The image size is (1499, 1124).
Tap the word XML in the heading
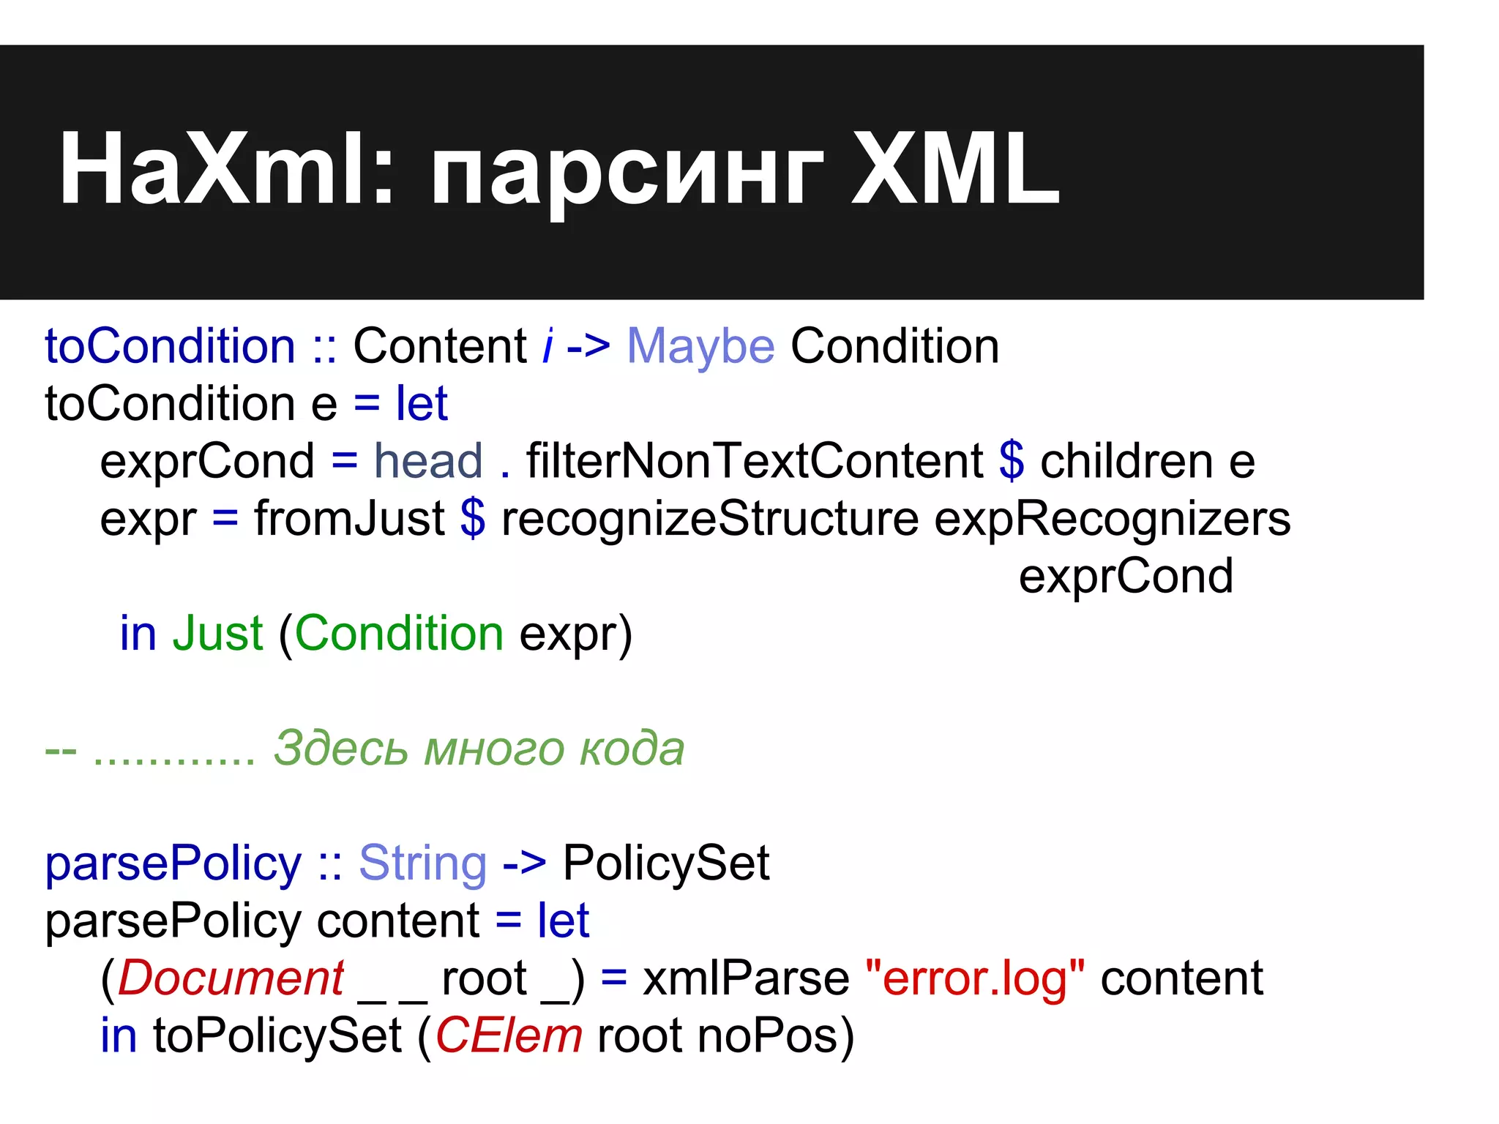point(955,170)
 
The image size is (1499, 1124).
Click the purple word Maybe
point(700,346)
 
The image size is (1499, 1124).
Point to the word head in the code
point(428,461)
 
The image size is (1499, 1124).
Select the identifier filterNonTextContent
point(755,461)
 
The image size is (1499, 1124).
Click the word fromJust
point(349,519)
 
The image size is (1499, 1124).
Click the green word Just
point(217,633)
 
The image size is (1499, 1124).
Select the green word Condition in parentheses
point(399,633)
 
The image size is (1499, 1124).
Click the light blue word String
point(422,863)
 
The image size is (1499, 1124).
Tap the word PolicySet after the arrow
point(666,863)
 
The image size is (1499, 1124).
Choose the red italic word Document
point(231,978)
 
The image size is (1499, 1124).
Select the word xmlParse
point(746,978)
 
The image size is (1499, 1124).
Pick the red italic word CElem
point(509,1036)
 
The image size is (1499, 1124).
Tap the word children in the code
point(1126,461)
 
